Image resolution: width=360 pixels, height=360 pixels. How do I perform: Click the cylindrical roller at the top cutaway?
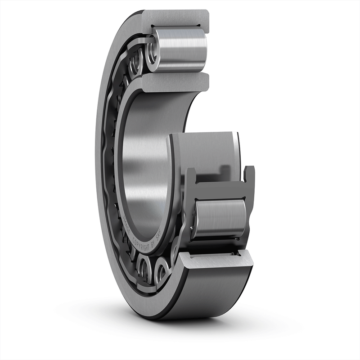180,49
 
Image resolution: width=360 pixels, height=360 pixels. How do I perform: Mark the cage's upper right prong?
249,174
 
